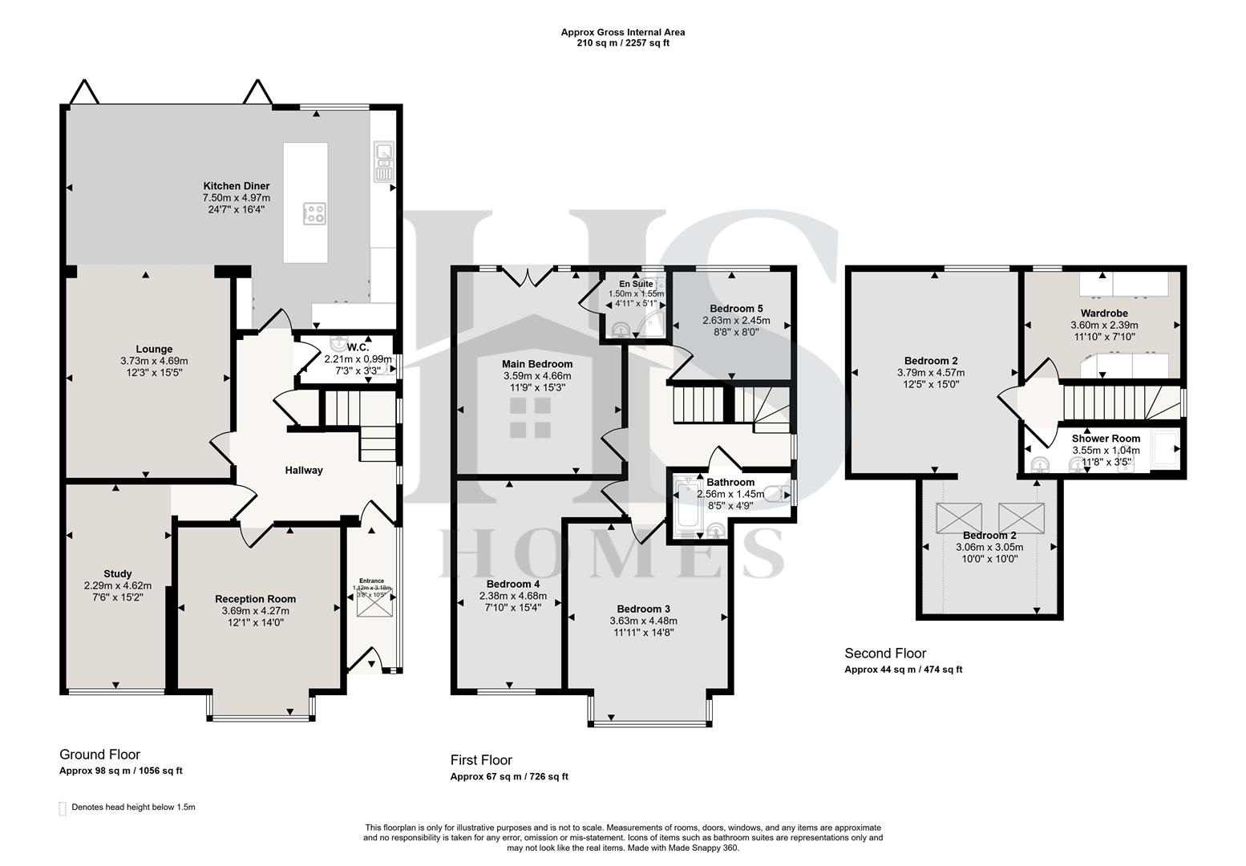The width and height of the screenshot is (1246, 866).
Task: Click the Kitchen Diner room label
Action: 236,186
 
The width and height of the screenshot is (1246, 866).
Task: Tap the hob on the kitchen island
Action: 314,213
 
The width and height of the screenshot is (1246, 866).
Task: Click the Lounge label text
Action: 154,349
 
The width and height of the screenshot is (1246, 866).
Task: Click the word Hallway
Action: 304,470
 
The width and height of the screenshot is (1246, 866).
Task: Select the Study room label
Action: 118,573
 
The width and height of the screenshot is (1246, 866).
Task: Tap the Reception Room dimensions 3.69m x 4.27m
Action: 255,611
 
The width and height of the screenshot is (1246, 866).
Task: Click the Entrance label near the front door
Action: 371,581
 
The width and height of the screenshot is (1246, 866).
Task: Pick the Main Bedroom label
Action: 537,364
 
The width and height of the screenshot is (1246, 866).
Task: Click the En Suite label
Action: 636,284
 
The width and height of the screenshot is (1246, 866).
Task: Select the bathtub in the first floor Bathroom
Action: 686,505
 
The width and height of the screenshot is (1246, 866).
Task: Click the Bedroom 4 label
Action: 512,584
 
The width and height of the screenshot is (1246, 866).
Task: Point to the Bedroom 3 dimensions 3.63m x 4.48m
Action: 644,621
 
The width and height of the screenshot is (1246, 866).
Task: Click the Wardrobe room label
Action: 1104,313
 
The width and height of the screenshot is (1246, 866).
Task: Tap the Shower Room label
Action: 1106,439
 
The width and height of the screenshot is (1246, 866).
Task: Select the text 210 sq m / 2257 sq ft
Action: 623,43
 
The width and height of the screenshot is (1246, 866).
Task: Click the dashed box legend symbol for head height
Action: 63,808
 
